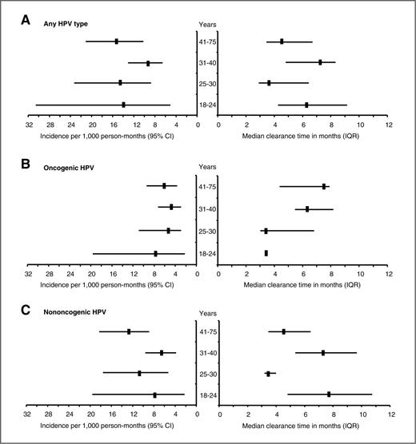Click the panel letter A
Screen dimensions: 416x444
pos(26,21)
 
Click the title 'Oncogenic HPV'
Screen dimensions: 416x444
pos(69,168)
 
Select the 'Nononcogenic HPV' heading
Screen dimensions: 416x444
pos(75,312)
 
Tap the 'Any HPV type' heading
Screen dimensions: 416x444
pos(66,24)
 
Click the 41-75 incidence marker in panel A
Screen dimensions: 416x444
pos(116,42)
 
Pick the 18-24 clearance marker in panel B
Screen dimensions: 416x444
pos(266,253)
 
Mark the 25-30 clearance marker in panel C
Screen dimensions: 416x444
pos(268,374)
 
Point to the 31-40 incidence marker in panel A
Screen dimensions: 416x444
pos(148,63)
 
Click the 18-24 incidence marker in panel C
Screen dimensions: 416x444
pos(154,395)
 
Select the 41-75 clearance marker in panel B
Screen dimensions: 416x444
pos(324,186)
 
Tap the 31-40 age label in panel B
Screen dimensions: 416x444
pos(207,209)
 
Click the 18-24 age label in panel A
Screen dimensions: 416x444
pos(207,105)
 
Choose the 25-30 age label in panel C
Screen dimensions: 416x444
pos(208,375)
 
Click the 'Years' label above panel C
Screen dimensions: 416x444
pos(208,314)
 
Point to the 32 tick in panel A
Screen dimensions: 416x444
pos(29,125)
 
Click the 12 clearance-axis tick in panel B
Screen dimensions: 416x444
pos(389,274)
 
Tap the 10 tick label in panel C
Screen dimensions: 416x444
pos(363,414)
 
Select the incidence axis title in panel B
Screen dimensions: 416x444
pos(107,285)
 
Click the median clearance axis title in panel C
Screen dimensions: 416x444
pos(301,426)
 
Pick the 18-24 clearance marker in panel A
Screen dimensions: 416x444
pos(306,105)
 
